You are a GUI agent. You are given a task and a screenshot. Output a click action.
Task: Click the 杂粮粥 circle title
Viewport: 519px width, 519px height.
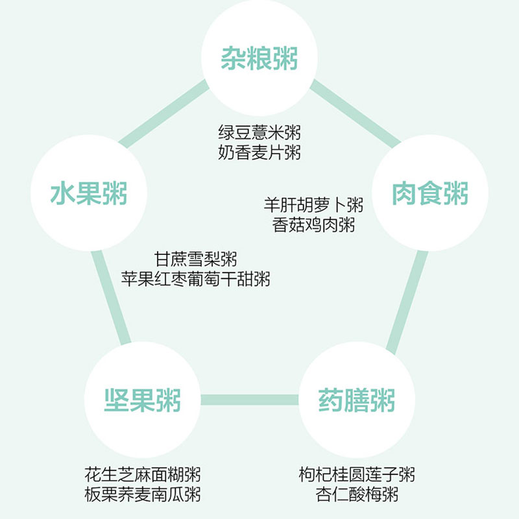click(x=259, y=58)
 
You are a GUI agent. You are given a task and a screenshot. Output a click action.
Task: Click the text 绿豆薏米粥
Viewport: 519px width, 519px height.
click(x=259, y=133)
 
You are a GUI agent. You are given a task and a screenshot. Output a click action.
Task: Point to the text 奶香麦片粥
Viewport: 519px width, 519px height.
click(x=259, y=153)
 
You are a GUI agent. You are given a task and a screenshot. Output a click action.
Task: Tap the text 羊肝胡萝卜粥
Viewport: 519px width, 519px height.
click(x=314, y=206)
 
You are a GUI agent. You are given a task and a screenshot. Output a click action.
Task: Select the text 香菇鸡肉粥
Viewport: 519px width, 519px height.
click(x=314, y=226)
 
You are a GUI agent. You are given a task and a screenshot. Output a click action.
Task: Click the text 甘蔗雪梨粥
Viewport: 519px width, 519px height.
click(x=196, y=259)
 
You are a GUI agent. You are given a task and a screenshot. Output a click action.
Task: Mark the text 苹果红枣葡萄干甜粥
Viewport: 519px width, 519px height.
click(x=196, y=280)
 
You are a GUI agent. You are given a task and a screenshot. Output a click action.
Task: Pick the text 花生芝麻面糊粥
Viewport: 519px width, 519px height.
click(x=143, y=474)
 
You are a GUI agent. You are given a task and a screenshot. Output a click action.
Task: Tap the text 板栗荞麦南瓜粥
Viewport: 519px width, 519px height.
click(x=143, y=494)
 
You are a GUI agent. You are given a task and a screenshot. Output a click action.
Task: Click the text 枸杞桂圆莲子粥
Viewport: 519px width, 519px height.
click(x=357, y=474)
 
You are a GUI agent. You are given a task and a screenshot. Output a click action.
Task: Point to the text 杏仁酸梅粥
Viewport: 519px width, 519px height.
click(x=357, y=494)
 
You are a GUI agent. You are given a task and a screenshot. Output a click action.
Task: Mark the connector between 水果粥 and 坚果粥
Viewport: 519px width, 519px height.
click(x=111, y=298)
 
